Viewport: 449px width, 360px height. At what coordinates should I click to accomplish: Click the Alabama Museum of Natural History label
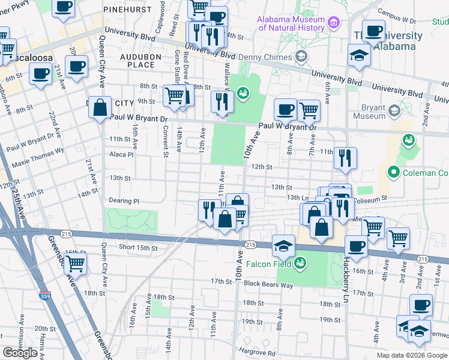coord(291,23)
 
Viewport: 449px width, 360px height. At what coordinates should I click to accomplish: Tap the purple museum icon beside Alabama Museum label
coord(334,23)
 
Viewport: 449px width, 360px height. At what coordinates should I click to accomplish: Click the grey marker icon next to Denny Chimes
coord(301,57)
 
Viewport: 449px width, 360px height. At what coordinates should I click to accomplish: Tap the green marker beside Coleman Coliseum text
coord(394,173)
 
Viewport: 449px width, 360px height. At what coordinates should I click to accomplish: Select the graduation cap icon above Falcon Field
coord(283,244)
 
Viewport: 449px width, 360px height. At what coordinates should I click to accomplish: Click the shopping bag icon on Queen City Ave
coord(101,107)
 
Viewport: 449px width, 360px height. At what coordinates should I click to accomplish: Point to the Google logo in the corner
coord(20,353)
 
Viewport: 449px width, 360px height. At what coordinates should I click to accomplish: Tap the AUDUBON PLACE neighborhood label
coord(137,60)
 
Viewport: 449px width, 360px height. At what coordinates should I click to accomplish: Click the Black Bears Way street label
coord(269,285)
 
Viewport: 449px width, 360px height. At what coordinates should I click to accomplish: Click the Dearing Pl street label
coord(124,201)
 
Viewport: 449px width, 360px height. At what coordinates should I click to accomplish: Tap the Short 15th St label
coord(138,247)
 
